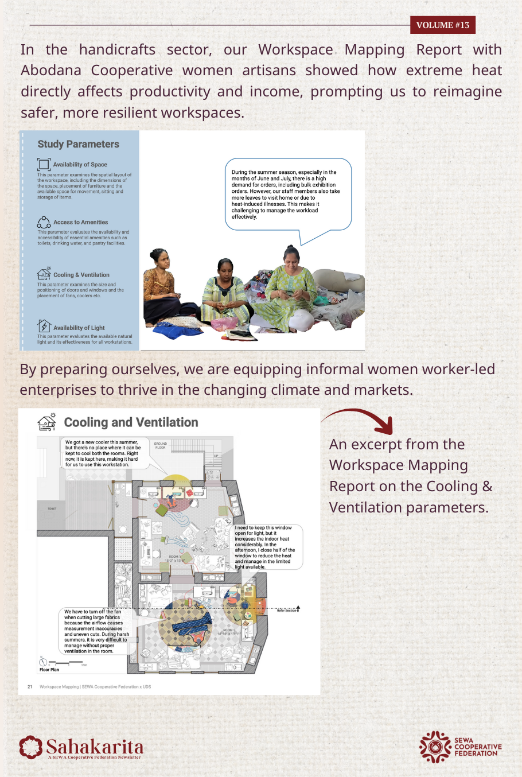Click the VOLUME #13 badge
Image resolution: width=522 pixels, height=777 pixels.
(x=442, y=25)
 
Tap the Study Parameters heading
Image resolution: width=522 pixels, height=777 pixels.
(x=78, y=144)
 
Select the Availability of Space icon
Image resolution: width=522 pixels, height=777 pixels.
(x=44, y=164)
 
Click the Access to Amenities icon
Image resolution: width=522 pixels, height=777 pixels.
(x=44, y=222)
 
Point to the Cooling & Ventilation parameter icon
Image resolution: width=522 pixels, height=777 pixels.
(x=44, y=274)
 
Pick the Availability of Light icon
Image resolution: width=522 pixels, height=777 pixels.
(x=44, y=327)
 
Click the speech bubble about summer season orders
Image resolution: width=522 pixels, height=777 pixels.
(x=287, y=194)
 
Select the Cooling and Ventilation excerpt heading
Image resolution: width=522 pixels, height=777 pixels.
(x=131, y=422)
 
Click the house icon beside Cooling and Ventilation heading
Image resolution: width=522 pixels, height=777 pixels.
(x=46, y=422)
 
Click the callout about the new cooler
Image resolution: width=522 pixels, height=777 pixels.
(x=103, y=453)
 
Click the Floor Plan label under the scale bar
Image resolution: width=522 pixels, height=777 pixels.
(x=49, y=670)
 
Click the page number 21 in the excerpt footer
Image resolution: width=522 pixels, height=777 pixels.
(x=30, y=686)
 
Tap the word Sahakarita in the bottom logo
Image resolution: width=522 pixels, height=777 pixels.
(x=95, y=747)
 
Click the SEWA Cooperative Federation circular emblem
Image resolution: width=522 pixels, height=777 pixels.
(x=435, y=747)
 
